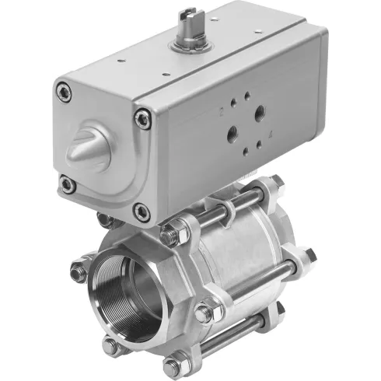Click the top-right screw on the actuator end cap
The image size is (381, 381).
point(142,120)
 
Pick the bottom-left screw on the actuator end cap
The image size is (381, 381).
point(68,185)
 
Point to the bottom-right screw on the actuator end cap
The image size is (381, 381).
point(141,211)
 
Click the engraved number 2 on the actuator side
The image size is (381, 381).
point(221,110)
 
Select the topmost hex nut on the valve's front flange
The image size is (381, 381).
point(173,232)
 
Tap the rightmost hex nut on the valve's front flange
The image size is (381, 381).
point(205,313)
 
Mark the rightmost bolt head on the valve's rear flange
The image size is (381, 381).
point(308,255)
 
